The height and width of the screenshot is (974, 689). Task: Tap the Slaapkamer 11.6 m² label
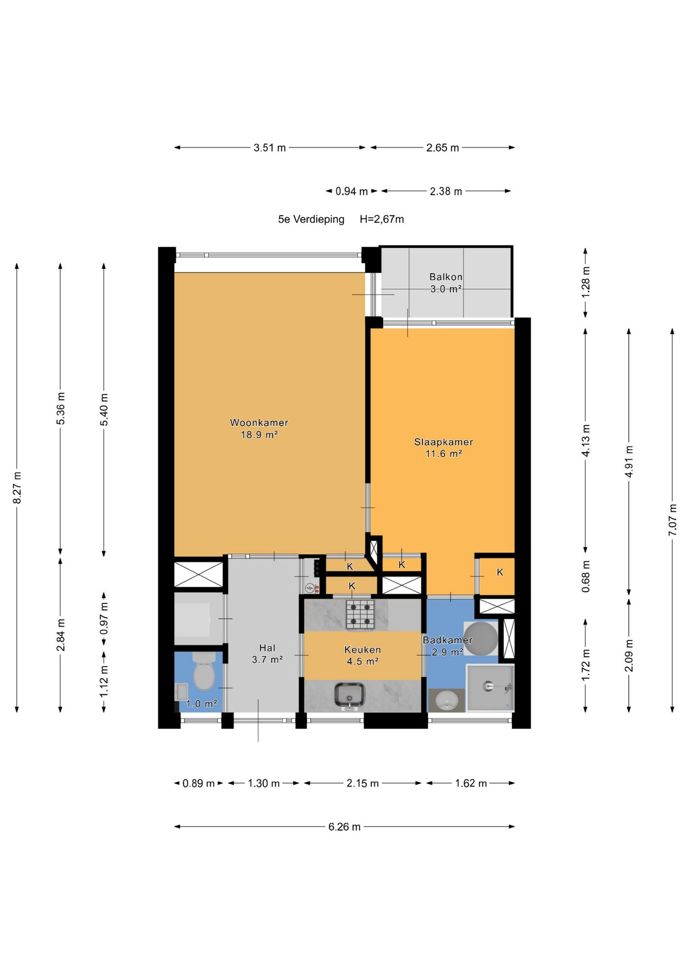pyautogui.click(x=444, y=448)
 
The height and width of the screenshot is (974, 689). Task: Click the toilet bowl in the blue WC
pyautogui.click(x=204, y=671)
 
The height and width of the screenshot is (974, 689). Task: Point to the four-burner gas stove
pyautogui.click(x=360, y=614)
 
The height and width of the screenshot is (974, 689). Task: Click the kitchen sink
pyautogui.click(x=350, y=696)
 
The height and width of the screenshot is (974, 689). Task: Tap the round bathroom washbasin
pyautogui.click(x=447, y=701)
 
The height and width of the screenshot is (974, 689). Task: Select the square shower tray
pyautogui.click(x=489, y=688)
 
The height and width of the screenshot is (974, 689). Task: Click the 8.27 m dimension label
pyautogui.click(x=17, y=487)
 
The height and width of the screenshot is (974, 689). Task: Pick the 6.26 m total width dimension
pyautogui.click(x=344, y=827)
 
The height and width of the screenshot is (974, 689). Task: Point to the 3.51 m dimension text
pyautogui.click(x=270, y=148)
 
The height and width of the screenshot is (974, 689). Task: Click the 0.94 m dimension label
pyautogui.click(x=352, y=191)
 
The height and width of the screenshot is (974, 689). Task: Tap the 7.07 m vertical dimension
pyautogui.click(x=672, y=520)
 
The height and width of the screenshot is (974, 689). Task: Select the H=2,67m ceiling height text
pyautogui.click(x=382, y=220)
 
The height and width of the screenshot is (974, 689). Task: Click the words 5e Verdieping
pyautogui.click(x=311, y=220)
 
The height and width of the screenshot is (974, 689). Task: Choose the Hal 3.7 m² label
pyautogui.click(x=267, y=654)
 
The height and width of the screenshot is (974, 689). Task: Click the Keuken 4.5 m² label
pyautogui.click(x=362, y=655)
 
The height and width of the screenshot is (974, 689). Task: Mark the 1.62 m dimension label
pyautogui.click(x=471, y=783)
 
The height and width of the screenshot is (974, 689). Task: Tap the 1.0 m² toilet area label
pyautogui.click(x=201, y=704)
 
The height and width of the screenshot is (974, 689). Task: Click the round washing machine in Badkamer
pyautogui.click(x=481, y=639)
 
